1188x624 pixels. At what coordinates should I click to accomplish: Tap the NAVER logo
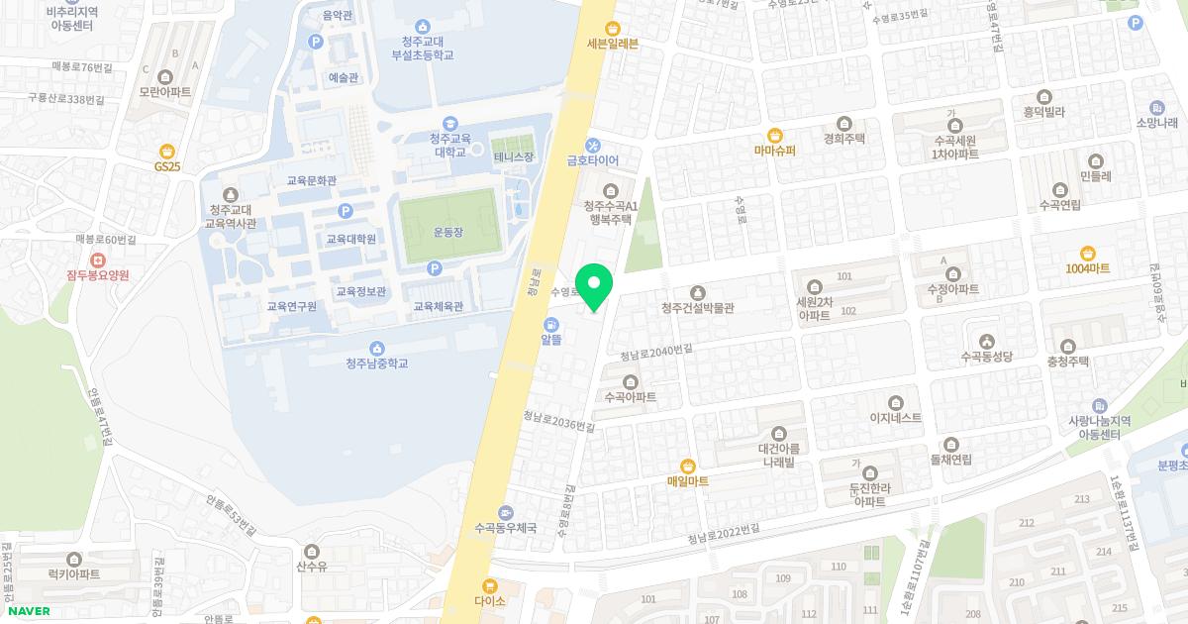coord(29,611)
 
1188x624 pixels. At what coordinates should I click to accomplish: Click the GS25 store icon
coord(167,151)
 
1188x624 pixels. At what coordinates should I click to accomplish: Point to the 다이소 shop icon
coord(489,585)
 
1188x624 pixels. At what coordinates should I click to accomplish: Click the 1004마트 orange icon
coord(1087,254)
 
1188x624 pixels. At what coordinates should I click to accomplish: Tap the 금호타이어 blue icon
coord(593,145)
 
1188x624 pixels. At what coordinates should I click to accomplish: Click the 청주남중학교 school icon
coord(376,348)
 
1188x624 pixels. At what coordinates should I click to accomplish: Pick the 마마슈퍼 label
coord(774,151)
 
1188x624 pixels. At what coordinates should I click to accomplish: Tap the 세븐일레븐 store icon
coord(613,28)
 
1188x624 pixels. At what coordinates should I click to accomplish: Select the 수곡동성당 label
coord(987,356)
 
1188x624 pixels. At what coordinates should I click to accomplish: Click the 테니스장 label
coord(514,157)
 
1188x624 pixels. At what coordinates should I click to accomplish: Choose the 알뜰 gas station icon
coord(550,324)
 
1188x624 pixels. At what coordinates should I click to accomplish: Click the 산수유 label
coord(312,566)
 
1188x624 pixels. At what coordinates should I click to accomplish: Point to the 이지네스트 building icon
coord(895,402)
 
